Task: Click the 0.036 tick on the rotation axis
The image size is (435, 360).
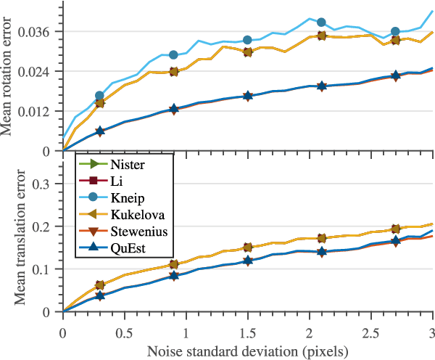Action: point(42,32)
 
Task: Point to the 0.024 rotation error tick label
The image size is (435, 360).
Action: point(42,72)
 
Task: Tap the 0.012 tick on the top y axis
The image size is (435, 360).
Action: point(42,112)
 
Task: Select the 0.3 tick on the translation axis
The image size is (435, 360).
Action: point(48,184)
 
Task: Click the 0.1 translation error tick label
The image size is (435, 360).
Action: point(48,269)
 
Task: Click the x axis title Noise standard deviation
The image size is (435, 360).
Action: point(248,350)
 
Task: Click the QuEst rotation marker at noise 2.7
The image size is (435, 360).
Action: point(396,75)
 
